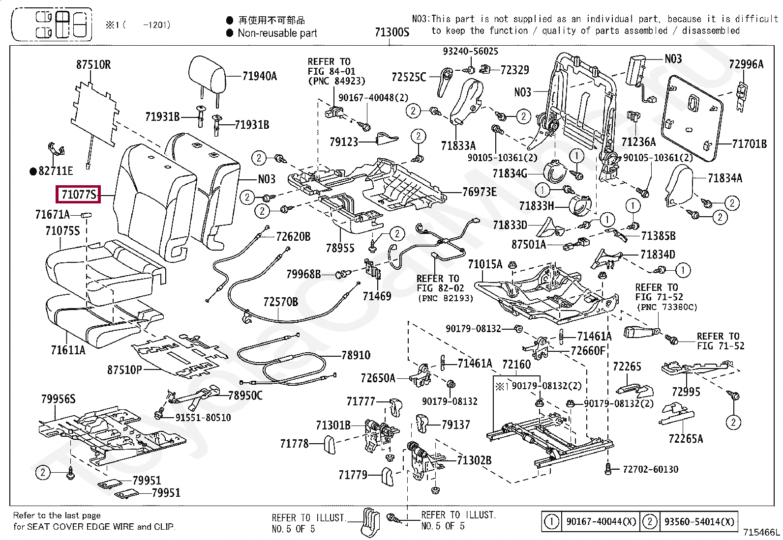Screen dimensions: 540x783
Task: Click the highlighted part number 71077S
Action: tap(79, 195)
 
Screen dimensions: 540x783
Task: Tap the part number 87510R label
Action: tap(93, 64)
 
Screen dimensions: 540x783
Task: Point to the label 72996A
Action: tap(746, 64)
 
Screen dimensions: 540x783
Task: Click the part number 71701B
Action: tap(749, 144)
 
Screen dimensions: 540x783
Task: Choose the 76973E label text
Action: tap(480, 192)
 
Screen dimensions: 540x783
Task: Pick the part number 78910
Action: tap(356, 355)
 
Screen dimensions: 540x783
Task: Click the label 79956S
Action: tap(58, 399)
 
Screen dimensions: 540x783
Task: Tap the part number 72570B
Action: tap(280, 302)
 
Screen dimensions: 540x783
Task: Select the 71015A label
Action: tap(485, 264)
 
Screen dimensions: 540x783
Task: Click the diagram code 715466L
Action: tap(761, 532)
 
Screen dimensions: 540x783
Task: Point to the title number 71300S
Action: tap(391, 32)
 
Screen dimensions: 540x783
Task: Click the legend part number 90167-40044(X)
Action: tap(601, 521)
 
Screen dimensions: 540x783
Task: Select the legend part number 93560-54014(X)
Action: tap(699, 521)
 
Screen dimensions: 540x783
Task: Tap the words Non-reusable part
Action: tap(277, 33)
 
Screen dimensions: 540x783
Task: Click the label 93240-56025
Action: tap(470, 52)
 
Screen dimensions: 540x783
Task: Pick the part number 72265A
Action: tap(686, 439)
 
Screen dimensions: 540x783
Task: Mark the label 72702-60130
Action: tap(650, 470)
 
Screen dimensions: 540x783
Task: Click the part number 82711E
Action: tap(56, 171)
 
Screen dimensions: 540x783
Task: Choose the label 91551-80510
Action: tap(203, 418)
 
